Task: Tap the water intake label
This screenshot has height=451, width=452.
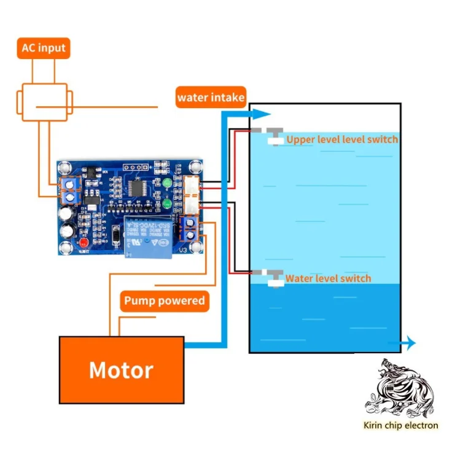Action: [211, 97]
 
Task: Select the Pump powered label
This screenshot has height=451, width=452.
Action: [164, 300]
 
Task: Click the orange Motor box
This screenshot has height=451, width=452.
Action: [122, 370]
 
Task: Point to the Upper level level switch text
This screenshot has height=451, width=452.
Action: [342, 139]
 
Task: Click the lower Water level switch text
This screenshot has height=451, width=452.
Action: [328, 278]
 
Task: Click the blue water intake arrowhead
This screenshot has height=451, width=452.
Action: [262, 114]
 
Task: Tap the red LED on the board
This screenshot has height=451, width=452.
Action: [82, 244]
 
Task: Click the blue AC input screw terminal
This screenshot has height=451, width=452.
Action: [71, 190]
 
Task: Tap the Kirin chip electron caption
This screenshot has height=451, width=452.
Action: [400, 425]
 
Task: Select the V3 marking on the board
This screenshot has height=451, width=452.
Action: [182, 251]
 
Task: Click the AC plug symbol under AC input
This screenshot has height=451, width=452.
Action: [44, 102]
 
